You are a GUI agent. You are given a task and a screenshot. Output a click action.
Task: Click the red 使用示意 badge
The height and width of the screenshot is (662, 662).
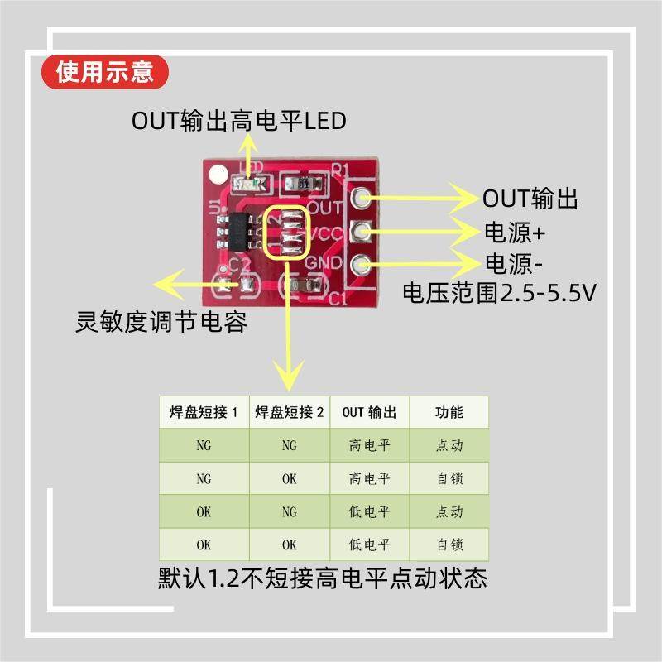point(105,72)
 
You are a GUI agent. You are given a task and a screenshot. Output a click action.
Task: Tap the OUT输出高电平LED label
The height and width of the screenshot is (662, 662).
point(239,121)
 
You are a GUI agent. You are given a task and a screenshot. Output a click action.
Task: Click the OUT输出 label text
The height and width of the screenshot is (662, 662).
point(530,198)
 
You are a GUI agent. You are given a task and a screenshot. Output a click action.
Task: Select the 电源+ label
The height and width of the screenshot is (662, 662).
point(515,233)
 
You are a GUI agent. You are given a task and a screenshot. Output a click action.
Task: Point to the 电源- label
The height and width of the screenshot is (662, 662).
point(513,264)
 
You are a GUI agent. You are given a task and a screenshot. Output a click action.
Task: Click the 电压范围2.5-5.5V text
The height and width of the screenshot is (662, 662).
point(499,293)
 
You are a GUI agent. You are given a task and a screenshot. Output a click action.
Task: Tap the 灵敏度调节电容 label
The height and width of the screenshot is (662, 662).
point(161,322)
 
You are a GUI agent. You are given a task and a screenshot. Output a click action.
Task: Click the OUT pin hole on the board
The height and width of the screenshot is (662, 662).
point(362,197)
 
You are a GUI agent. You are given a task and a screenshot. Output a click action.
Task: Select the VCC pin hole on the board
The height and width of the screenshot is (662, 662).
point(362,232)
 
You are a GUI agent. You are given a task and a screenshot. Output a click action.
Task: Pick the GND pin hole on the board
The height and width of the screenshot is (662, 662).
point(362,265)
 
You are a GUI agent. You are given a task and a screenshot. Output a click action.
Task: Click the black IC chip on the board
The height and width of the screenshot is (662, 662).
point(239,232)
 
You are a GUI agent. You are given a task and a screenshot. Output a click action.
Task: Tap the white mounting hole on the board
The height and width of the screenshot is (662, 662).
point(218,175)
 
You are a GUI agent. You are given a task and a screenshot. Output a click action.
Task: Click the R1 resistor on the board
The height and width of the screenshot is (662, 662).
point(304,184)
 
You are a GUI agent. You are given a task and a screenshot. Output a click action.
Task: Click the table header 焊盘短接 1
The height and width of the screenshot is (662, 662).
point(204,412)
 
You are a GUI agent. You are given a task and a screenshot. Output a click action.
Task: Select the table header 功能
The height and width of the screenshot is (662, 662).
point(449,412)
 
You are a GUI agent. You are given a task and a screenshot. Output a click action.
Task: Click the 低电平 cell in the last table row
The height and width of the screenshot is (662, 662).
point(369,544)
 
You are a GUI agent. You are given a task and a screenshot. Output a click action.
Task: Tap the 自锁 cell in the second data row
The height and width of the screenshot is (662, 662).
point(449,478)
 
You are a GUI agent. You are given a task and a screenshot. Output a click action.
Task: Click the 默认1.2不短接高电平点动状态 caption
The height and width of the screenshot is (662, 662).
point(323,578)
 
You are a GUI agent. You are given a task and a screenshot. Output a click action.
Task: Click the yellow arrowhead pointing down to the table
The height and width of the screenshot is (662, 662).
point(289,375)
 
